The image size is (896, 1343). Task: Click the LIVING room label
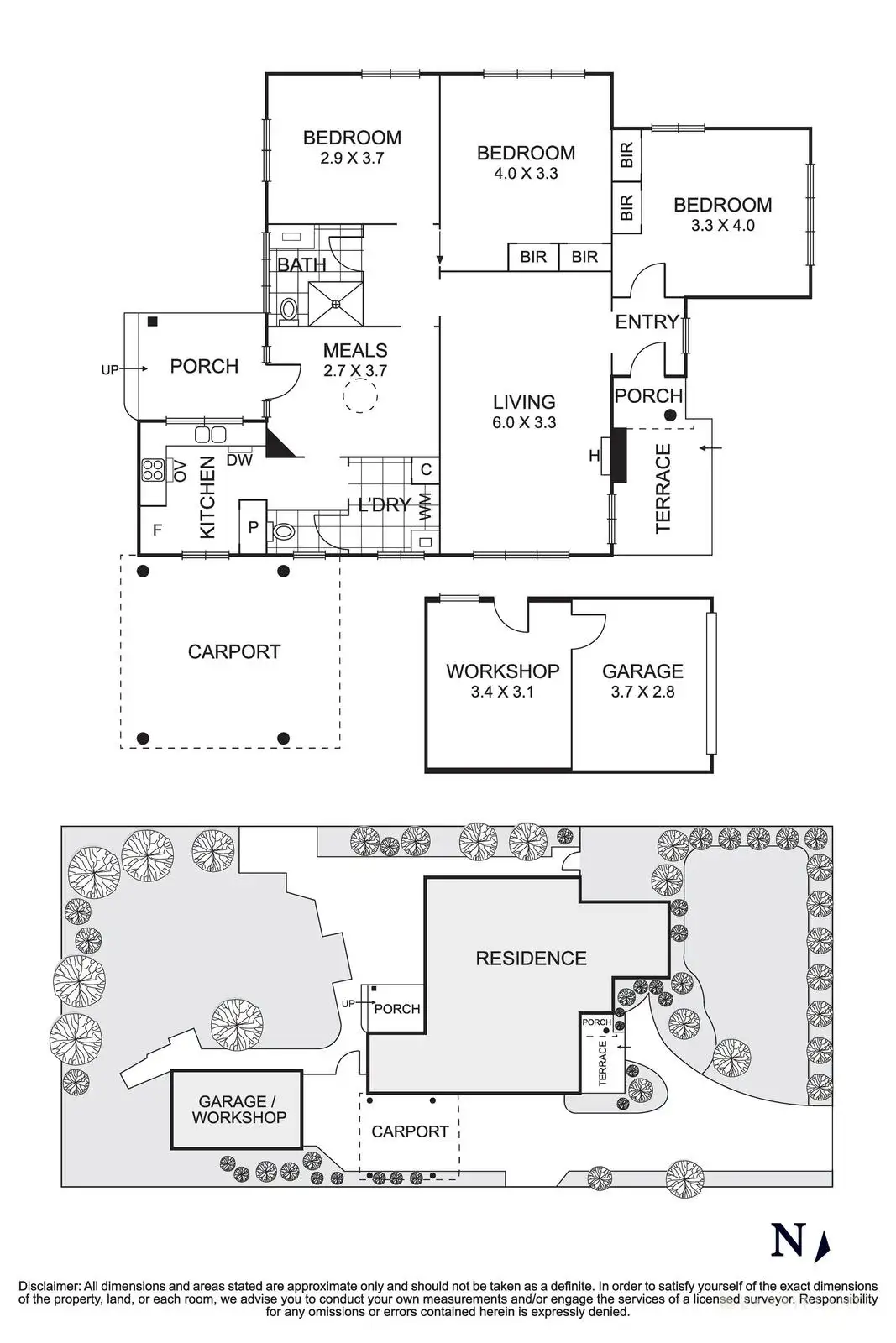[524, 402]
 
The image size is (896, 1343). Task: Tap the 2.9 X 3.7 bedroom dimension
[352, 159]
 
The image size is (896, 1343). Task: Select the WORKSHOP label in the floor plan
[502, 671]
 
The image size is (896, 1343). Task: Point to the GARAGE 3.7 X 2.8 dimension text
[643, 692]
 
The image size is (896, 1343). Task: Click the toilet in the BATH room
[289, 311]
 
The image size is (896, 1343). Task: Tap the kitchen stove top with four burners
[154, 469]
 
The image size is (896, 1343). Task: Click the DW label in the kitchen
[239, 460]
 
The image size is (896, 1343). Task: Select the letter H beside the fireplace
[594, 457]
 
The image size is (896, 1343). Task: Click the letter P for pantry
[253, 528]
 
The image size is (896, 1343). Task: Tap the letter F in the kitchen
[157, 530]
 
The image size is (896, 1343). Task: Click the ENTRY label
[647, 322]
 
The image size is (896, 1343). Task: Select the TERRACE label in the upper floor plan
[663, 488]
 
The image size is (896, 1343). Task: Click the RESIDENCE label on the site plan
[532, 958]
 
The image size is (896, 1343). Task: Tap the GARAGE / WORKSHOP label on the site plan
[238, 1109]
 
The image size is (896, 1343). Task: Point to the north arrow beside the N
[824, 1243]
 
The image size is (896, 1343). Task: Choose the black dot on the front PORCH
[670, 415]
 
